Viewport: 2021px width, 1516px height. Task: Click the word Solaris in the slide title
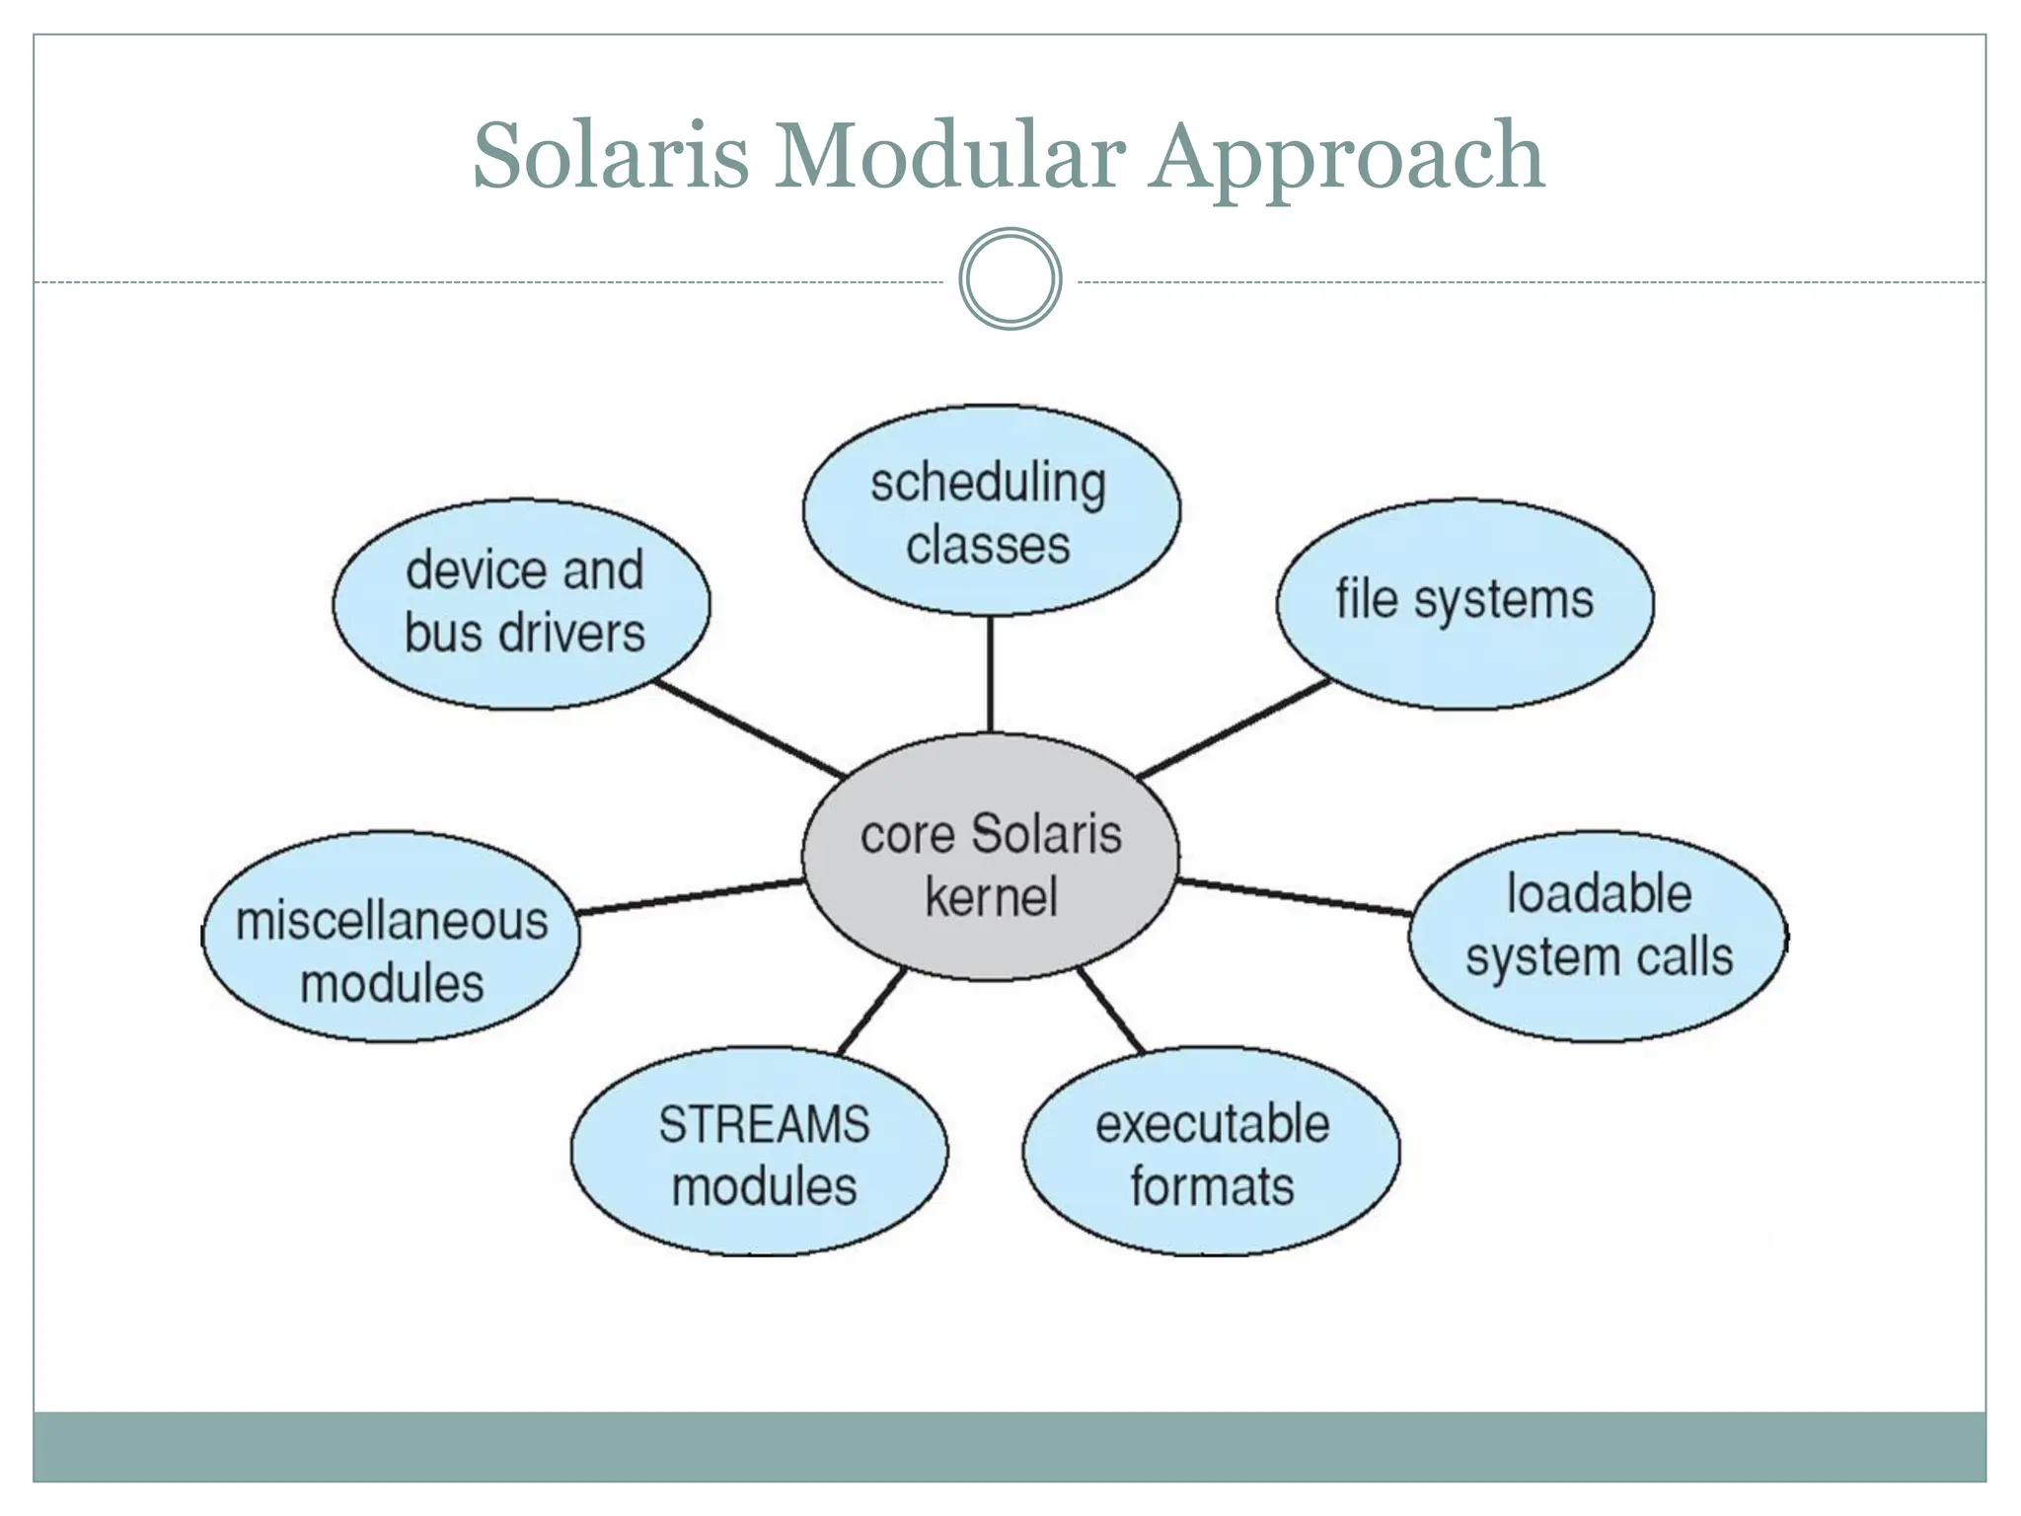click(611, 156)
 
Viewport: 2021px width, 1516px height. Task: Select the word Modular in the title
click(948, 156)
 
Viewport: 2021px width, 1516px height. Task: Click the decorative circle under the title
click(1010, 279)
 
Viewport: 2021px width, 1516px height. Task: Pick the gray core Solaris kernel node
click(990, 857)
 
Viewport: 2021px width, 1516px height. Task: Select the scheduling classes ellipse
click(990, 511)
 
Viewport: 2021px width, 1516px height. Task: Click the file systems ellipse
click(1464, 603)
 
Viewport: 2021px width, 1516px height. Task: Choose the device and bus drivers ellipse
click(521, 603)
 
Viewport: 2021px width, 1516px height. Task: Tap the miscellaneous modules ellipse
click(392, 936)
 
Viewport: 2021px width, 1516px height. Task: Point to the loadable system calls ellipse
click(1598, 936)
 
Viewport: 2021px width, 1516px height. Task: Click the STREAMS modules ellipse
click(760, 1152)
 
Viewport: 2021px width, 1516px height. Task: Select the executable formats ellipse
click(1211, 1152)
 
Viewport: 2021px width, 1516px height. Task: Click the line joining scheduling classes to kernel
click(990, 674)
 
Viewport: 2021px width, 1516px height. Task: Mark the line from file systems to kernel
click(1234, 727)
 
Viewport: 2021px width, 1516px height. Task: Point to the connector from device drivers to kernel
click(750, 728)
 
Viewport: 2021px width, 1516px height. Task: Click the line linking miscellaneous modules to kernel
click(691, 896)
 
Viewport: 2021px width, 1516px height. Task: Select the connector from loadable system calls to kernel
click(1293, 896)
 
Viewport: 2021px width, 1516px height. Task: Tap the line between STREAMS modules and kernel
click(871, 1012)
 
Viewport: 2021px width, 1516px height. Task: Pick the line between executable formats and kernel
click(1110, 1012)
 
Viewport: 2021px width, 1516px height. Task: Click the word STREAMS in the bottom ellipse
click(764, 1124)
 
